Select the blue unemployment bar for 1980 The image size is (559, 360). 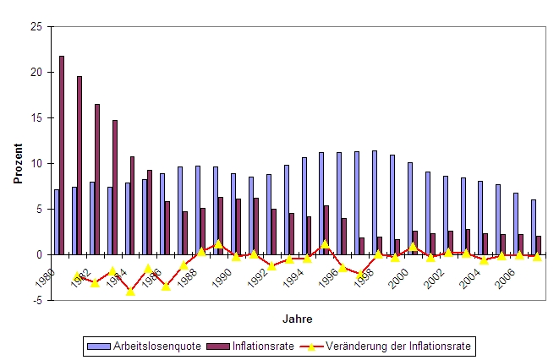pos(57,221)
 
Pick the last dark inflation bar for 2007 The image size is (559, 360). pos(539,244)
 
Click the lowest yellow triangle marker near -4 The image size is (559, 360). pos(130,292)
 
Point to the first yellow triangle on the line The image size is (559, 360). pos(77,276)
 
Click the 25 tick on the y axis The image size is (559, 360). pos(36,27)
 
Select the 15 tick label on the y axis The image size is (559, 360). pos(36,117)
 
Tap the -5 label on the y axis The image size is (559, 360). pos(37,299)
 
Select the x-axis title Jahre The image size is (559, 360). pos(296,319)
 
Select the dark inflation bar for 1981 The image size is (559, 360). pos(79,165)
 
